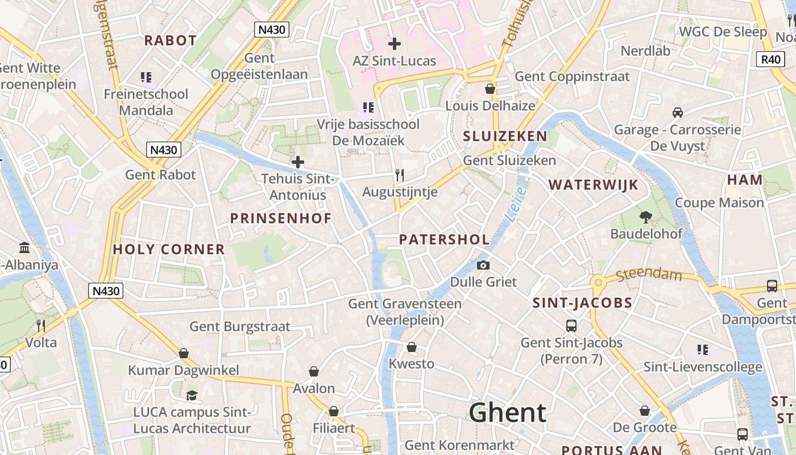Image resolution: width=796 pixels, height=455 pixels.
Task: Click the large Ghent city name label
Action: click(x=508, y=413)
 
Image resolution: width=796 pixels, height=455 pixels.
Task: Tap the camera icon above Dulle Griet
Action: click(x=483, y=265)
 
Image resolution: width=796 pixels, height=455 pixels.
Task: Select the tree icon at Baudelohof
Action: click(x=645, y=217)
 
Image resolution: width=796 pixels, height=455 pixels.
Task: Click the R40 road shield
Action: click(x=771, y=59)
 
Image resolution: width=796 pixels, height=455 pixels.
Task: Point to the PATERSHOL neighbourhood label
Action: click(x=444, y=239)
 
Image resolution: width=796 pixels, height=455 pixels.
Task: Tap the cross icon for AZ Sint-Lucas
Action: click(x=394, y=43)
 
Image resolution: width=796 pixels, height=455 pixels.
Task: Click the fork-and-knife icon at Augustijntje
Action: click(x=400, y=175)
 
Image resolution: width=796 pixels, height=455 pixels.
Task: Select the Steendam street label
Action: click(x=649, y=275)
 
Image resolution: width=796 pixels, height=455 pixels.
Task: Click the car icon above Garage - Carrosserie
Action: click(x=677, y=113)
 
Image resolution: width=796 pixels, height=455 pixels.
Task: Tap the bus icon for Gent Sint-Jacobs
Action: click(x=571, y=325)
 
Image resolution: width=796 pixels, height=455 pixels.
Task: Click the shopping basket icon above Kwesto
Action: click(x=412, y=347)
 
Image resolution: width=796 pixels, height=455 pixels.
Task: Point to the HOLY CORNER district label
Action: click(x=169, y=249)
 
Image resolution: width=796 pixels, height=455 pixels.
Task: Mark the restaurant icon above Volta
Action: click(x=41, y=325)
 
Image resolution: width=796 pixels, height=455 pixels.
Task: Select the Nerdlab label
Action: click(x=645, y=51)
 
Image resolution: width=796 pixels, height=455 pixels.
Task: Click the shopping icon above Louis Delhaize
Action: click(x=490, y=89)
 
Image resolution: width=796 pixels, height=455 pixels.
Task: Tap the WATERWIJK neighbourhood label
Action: click(x=594, y=184)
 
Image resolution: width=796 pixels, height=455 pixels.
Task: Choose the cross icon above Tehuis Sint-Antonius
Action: click(x=297, y=162)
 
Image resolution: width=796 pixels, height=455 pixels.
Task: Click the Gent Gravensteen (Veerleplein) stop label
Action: click(x=405, y=312)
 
